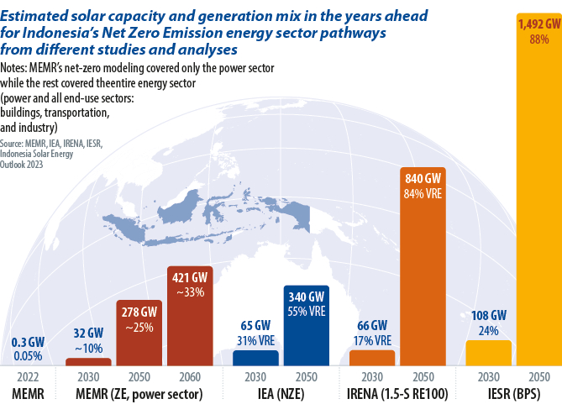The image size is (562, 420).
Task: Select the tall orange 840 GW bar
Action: [423, 277]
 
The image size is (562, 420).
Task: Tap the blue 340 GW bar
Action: [306, 336]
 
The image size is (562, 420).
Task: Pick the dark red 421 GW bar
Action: [190, 328]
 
